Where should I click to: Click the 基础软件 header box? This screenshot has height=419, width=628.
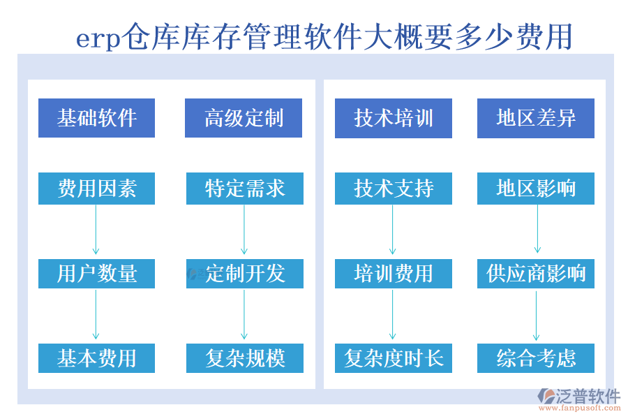point(96,118)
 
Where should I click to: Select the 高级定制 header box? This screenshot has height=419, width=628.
point(244,118)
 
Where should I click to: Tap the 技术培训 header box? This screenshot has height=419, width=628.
point(394,118)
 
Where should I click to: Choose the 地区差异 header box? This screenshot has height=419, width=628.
point(536,118)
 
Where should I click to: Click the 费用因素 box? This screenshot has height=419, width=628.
point(96,189)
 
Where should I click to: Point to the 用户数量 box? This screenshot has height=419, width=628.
point(96,274)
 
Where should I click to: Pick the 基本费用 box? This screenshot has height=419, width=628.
point(96,358)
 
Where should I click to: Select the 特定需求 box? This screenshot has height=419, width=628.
point(245,189)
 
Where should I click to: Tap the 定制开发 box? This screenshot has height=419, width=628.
point(245,274)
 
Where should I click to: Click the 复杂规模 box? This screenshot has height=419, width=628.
point(245,358)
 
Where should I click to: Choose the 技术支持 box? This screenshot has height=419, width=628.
point(394,189)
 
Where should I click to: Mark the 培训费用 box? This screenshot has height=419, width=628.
point(394,274)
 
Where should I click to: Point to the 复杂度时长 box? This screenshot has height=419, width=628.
point(394,358)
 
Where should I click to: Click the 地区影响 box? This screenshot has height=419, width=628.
point(536,189)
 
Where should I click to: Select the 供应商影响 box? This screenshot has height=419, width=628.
point(536,274)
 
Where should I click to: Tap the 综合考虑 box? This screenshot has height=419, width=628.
point(536,358)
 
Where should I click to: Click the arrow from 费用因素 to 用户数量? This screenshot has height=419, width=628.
point(96,230)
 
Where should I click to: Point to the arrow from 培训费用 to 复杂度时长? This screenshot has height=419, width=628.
point(393,315)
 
